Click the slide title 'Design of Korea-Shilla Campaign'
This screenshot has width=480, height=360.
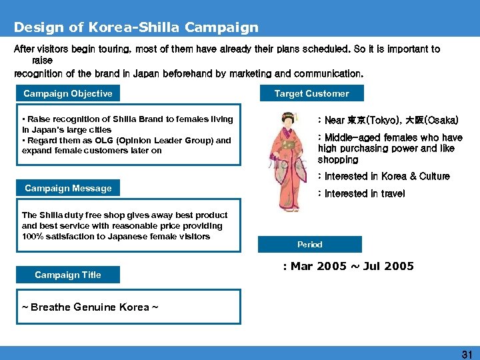(136, 28)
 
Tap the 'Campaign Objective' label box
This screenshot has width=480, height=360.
(68, 94)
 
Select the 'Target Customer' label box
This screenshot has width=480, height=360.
(311, 94)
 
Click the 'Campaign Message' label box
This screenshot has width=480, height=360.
(68, 189)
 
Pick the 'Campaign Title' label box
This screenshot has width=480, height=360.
(68, 275)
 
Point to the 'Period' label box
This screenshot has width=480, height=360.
(310, 245)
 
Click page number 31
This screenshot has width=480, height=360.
(467, 355)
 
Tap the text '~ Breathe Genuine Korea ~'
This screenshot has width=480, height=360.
(89, 307)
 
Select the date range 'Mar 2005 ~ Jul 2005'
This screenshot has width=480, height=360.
(352, 267)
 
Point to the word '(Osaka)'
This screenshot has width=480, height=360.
(440, 121)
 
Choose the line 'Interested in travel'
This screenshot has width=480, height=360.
(364, 194)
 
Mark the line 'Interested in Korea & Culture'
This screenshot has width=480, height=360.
(387, 177)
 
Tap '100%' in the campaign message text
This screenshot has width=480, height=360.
(33, 237)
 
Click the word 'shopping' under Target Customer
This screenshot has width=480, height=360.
(338, 160)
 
